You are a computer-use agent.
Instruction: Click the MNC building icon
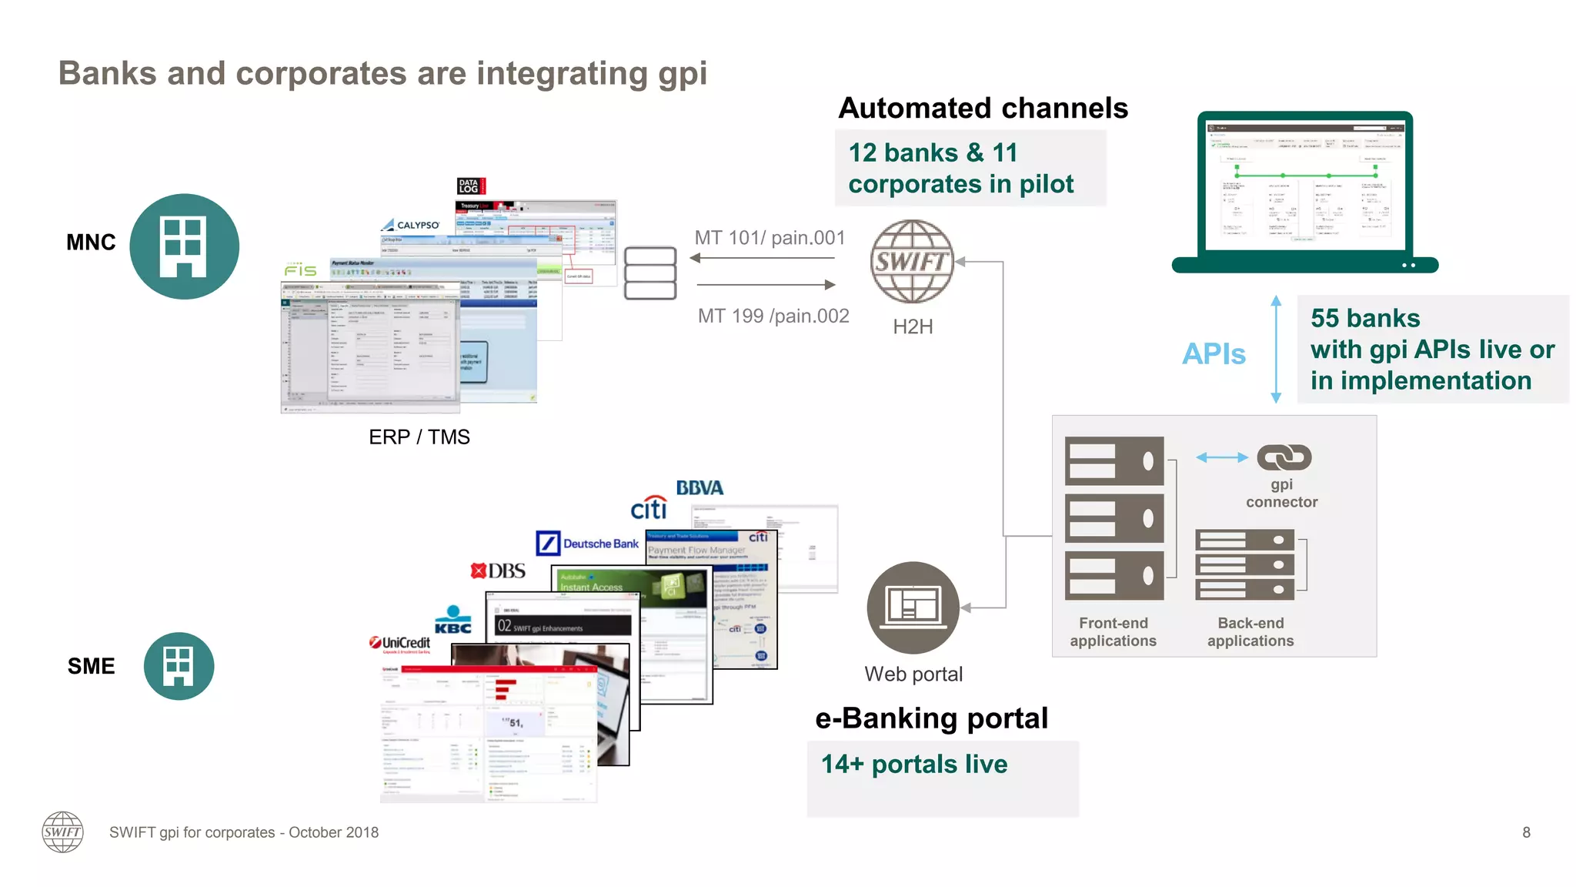point(184,246)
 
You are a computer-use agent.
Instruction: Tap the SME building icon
point(179,666)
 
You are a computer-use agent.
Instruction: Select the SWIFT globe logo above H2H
point(912,262)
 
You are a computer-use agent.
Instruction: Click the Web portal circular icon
point(913,608)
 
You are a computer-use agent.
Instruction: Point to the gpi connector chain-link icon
point(1284,457)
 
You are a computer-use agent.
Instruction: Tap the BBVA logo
point(700,488)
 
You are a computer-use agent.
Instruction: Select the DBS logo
point(499,571)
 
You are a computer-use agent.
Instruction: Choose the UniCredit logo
point(400,644)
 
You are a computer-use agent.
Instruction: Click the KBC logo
point(453,621)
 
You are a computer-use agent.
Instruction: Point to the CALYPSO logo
point(411,225)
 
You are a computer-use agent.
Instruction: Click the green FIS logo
point(300,270)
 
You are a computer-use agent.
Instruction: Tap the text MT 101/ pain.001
point(770,238)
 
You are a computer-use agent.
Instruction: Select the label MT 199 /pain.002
point(773,316)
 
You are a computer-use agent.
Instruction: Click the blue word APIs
point(1214,354)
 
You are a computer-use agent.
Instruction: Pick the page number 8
point(1526,832)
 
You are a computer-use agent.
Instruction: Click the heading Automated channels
point(983,109)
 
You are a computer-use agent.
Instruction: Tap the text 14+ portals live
point(914,765)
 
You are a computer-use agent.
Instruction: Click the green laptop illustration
point(1305,192)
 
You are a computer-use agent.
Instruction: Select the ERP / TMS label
point(419,437)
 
